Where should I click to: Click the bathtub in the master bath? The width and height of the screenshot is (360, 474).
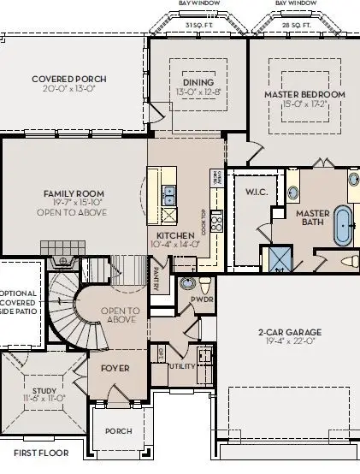(342, 224)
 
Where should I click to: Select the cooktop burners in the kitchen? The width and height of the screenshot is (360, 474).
(217, 223)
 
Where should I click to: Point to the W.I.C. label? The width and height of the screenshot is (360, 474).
(257, 192)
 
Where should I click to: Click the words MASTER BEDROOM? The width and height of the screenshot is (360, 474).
(304, 93)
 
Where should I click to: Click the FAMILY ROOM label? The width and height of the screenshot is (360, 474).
(74, 193)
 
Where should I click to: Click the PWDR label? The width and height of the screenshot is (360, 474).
(202, 301)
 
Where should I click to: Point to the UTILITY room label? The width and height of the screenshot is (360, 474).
(182, 364)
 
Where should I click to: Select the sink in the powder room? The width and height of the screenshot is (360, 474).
(187, 283)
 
